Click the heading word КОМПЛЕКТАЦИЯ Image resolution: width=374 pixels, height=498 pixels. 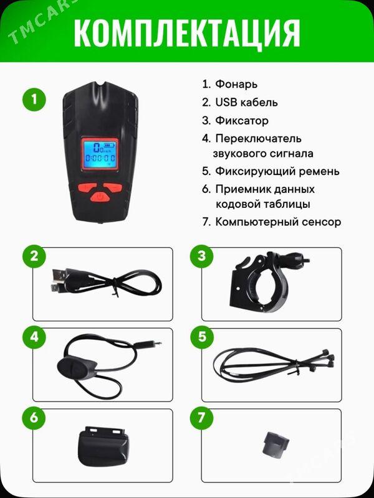coord(187,34)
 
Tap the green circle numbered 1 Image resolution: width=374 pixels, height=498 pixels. coord(34,100)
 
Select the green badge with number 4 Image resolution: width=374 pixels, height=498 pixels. coord(34,337)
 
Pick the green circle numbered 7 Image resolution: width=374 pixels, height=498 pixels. coord(201,418)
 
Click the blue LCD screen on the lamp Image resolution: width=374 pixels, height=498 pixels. coord(99,154)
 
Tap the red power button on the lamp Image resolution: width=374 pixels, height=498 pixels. coord(100,197)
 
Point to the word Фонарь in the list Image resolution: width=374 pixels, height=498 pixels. coord(236,84)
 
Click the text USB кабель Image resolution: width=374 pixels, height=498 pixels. coord(246,102)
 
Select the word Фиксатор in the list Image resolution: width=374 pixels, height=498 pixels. coord(242,121)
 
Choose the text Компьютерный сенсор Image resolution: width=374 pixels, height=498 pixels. coord(278,222)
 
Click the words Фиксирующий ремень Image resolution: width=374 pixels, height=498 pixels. coord(277,171)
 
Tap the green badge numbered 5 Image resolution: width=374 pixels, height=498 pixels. coord(201,337)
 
